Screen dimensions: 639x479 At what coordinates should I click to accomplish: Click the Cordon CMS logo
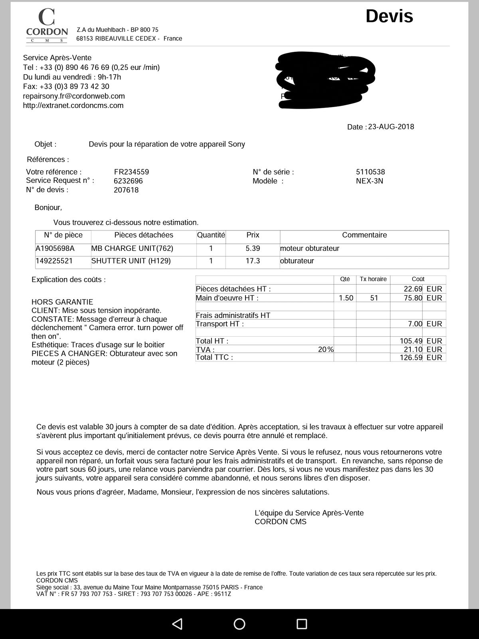[x=47, y=26]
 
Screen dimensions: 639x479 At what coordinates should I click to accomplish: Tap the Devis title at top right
[x=389, y=16]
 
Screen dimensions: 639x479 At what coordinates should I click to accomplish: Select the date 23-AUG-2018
[x=391, y=127]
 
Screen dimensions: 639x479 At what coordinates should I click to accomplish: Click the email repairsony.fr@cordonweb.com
[x=74, y=96]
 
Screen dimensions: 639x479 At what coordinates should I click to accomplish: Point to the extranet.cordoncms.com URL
[x=73, y=105]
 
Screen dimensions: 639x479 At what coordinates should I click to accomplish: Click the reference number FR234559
[x=131, y=172]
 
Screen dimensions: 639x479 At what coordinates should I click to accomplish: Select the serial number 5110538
[x=370, y=172]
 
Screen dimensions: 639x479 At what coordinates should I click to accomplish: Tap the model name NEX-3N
[x=369, y=181]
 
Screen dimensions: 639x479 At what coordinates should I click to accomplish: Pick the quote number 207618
[x=126, y=190]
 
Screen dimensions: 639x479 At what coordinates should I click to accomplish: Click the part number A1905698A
[x=55, y=248]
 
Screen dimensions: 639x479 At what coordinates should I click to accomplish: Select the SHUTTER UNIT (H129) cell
[x=131, y=261]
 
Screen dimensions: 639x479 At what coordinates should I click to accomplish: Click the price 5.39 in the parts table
[x=253, y=248]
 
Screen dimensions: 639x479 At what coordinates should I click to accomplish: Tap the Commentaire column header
[x=364, y=235]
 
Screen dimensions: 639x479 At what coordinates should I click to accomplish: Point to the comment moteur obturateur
[x=309, y=248]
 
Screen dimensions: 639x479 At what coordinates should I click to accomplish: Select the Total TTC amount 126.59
[x=411, y=357]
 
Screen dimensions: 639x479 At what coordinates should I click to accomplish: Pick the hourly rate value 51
[x=374, y=298]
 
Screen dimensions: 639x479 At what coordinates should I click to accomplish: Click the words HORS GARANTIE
[x=62, y=302]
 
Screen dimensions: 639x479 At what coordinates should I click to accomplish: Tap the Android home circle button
[x=239, y=624]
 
